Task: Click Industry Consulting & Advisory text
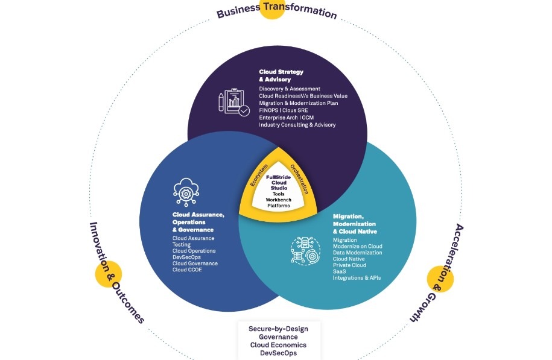tap(297, 125)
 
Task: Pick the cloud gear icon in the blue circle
tap(185, 191)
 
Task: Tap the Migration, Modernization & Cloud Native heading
tap(355, 223)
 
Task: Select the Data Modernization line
tap(358, 253)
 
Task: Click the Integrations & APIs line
tap(357, 277)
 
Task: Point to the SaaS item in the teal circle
tap(339, 271)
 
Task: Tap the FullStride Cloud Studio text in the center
tap(278, 182)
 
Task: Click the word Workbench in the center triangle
tap(278, 200)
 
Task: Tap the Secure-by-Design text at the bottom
tap(278, 329)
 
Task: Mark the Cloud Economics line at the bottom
tap(278, 345)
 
